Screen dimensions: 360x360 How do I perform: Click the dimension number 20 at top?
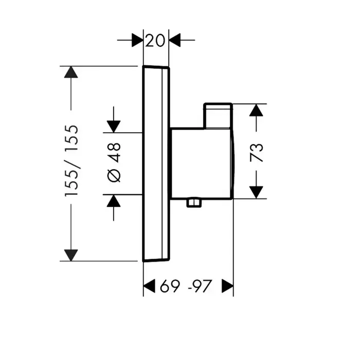pos(156,40)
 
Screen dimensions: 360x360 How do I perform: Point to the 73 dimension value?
pos(257,153)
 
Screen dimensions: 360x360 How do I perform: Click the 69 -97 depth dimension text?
pos(186,286)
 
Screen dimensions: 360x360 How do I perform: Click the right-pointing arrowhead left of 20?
pos(136,40)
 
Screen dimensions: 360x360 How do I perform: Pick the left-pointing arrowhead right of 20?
pos(175,40)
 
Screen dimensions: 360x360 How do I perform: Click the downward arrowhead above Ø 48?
pos(114,125)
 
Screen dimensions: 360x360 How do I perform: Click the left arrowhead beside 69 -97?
pos(149,286)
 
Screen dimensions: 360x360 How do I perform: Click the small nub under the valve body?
pos(194,203)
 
